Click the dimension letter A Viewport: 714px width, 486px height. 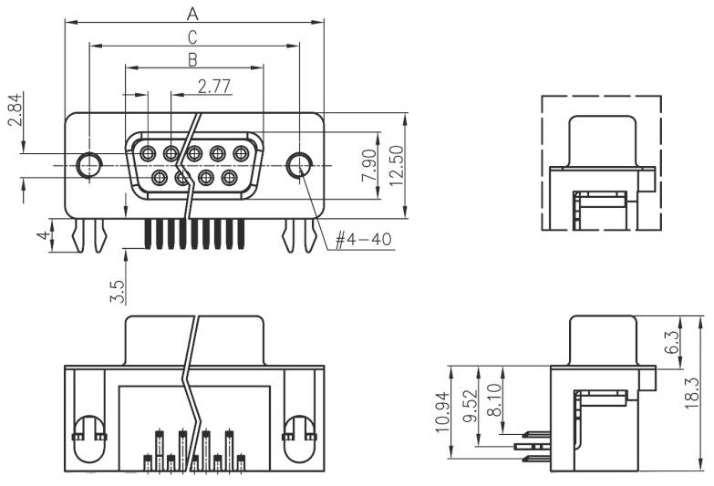tap(192, 13)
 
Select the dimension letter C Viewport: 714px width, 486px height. tap(192, 36)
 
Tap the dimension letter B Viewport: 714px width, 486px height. tap(192, 59)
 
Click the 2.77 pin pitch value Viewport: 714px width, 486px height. tap(213, 86)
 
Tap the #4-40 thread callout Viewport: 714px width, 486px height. tap(362, 240)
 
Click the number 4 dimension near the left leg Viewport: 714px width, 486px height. tap(41, 236)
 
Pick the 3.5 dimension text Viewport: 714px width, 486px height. tap(116, 291)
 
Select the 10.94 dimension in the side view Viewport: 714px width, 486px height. tap(442, 410)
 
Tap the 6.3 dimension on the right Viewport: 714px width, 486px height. tap(671, 342)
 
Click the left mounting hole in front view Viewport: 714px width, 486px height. tap(89, 165)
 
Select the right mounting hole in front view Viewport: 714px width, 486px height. tap(298, 165)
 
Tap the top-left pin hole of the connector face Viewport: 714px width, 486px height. tap(148, 153)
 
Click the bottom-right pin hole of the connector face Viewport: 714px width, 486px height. tap(229, 177)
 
